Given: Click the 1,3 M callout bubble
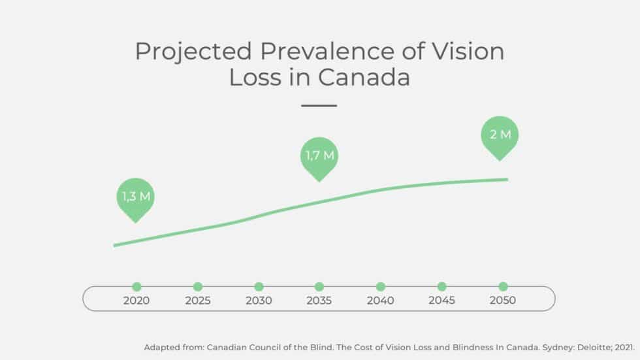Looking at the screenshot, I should pos(136,196).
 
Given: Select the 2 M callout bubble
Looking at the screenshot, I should pos(500,135).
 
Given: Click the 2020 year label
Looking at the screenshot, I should pos(136,301).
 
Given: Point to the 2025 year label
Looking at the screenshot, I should pos(197,301).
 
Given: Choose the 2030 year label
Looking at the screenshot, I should pos(259,301).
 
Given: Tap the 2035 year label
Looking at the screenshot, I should pos(319,301).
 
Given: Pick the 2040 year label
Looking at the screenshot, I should pos(381,301).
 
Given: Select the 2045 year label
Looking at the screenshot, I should pos(441,301).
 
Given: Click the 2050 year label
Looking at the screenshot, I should pos(503,301).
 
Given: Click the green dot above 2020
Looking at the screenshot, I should pos(136,287).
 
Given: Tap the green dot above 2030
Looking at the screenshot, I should pos(259,287).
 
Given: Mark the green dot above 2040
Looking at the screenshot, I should pos(381,287).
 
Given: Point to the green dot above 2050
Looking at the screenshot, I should pos(503,287).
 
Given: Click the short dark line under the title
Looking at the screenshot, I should pos(319,105).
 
